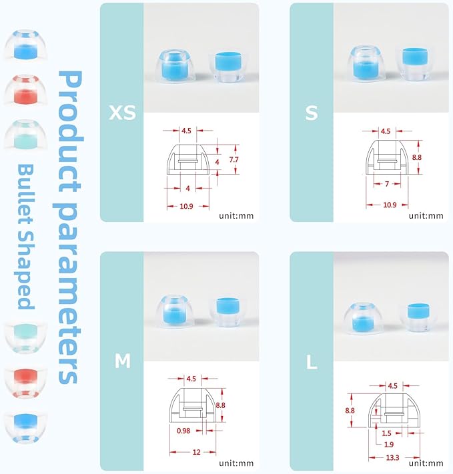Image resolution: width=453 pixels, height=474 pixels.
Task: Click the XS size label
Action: [x=122, y=113]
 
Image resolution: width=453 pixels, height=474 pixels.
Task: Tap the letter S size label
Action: [x=312, y=113]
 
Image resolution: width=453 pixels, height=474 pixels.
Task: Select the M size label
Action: [x=123, y=361]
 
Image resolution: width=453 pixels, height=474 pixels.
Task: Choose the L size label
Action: [x=312, y=362]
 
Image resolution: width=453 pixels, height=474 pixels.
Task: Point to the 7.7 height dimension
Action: [x=234, y=159]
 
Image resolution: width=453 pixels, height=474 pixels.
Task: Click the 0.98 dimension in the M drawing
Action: [x=183, y=431]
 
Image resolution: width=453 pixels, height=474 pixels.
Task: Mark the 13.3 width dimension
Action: [x=392, y=458]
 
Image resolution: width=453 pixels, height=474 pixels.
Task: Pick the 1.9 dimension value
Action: [x=389, y=445]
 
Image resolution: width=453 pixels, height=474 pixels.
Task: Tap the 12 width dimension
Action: [x=196, y=452]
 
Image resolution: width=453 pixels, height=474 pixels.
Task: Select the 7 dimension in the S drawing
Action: [x=387, y=184]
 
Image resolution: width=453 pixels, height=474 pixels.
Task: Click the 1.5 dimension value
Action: [x=386, y=433]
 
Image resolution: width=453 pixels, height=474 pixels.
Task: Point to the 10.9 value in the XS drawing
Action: [x=186, y=206]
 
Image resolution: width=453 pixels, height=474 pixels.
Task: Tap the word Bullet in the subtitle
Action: [x=26, y=195]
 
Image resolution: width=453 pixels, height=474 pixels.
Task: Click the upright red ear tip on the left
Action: [x=25, y=90]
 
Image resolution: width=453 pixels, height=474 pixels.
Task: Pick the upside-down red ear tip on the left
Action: [x=25, y=383]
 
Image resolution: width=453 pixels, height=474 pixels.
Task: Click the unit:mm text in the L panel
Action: [x=426, y=463]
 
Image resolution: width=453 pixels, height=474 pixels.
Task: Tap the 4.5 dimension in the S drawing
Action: [x=386, y=131]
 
